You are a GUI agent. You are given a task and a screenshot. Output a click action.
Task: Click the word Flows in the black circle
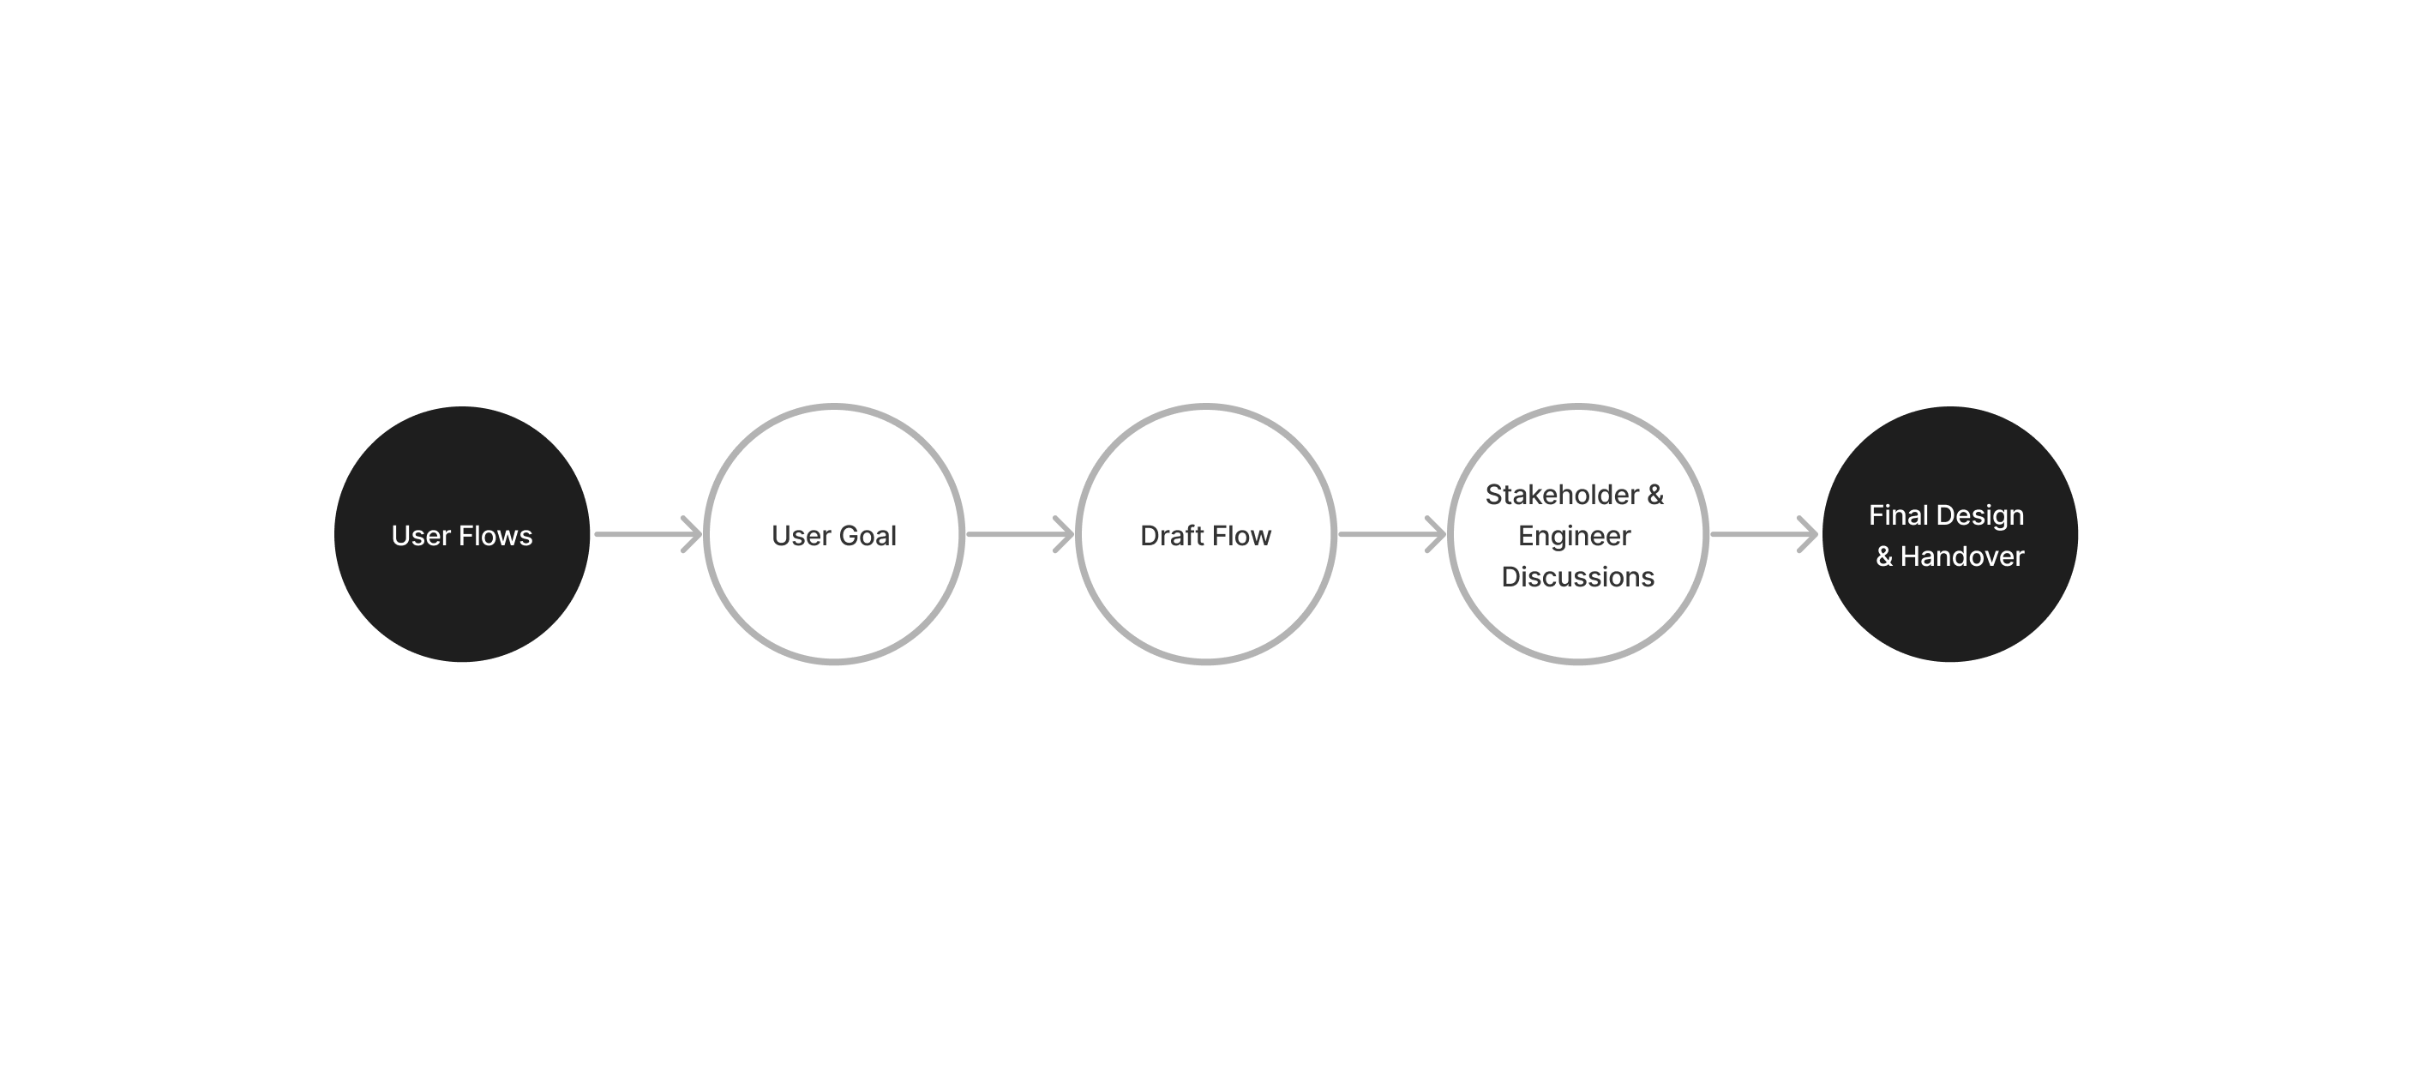495,535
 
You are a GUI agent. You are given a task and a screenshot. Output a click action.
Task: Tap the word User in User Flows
421,535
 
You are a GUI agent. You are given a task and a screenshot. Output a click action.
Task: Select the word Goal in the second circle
868,535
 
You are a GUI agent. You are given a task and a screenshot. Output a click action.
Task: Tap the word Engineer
1575,536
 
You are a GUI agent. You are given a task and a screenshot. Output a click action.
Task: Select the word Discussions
1578,577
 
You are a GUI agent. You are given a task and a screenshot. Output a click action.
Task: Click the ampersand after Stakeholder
1655,495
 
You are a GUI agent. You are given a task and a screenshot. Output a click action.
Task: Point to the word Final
1898,515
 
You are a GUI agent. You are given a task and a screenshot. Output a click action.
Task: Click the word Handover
1962,556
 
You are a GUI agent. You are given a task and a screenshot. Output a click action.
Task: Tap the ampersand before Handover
1884,556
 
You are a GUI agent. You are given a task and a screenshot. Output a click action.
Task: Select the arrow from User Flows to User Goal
646,534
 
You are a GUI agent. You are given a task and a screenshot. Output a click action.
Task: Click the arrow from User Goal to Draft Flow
1018,534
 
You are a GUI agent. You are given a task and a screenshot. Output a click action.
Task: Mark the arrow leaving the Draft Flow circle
1390,534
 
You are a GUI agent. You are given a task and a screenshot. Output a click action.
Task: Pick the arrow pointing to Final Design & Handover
1762,534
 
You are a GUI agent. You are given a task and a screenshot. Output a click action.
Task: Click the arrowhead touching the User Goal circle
693,534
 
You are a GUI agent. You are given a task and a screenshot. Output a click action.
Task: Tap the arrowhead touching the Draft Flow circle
1065,534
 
